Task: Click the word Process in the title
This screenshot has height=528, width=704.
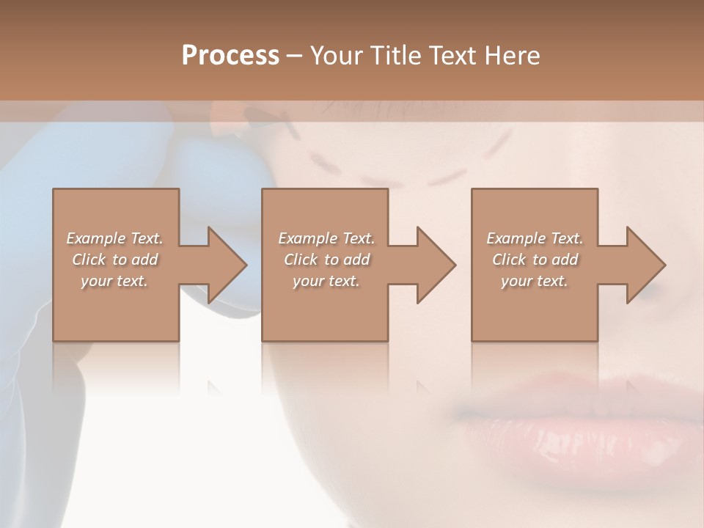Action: point(230,56)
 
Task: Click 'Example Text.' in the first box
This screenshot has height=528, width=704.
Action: point(115,238)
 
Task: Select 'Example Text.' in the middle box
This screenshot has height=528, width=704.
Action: point(326,238)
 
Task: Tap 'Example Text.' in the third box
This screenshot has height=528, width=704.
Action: point(535,238)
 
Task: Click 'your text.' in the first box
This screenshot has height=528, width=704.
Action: point(114,281)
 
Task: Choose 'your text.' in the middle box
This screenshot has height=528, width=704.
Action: point(326,281)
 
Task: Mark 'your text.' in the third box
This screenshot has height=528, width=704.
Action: point(535,281)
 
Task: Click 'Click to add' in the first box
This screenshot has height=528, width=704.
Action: point(115,260)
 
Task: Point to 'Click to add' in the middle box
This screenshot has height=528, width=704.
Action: point(326,260)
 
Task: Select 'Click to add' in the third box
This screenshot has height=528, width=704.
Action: point(535,260)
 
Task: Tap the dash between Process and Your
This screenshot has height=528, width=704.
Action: point(294,56)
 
